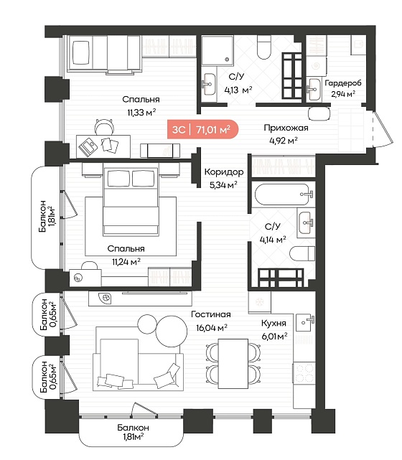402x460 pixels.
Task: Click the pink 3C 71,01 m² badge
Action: tap(202, 129)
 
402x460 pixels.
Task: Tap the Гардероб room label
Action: tap(343, 83)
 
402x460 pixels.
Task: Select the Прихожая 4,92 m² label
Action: tap(286, 134)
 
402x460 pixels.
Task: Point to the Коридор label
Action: tap(224, 172)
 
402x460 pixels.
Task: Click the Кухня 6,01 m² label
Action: tap(274, 329)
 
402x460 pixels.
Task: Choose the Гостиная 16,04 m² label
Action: tap(211, 321)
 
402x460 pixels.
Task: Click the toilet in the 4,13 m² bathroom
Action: tap(263, 47)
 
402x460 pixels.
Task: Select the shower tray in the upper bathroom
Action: tap(218, 50)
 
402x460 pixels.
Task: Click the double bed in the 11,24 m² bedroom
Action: tap(131, 202)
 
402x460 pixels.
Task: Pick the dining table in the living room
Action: tap(233, 364)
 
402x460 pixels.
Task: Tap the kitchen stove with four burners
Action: tap(304, 373)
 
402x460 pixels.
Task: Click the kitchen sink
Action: tap(305, 322)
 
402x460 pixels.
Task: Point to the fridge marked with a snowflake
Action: tap(260, 301)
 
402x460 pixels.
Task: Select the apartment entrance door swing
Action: tap(383, 129)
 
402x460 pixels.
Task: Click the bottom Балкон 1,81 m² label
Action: tap(134, 432)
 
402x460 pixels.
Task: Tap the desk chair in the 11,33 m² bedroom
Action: tap(104, 127)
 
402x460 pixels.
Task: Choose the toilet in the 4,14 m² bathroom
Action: tap(302, 253)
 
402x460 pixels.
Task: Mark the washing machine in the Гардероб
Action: tap(317, 66)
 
